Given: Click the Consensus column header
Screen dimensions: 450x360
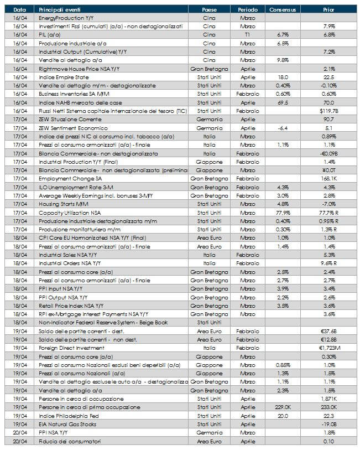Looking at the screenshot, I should tap(283, 10).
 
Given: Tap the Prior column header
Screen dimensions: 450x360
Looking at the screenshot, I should tap(328, 10).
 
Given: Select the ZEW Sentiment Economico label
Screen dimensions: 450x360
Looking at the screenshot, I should tap(68, 128).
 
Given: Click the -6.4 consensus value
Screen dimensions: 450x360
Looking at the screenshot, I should tap(283, 128).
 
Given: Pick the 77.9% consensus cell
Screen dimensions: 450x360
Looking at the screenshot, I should tap(283, 213).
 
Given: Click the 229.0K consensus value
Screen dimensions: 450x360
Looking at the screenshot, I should tap(283, 407).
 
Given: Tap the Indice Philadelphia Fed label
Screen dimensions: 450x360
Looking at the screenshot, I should tap(68, 416).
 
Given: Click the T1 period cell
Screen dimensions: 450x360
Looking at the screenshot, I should tap(247, 35).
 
